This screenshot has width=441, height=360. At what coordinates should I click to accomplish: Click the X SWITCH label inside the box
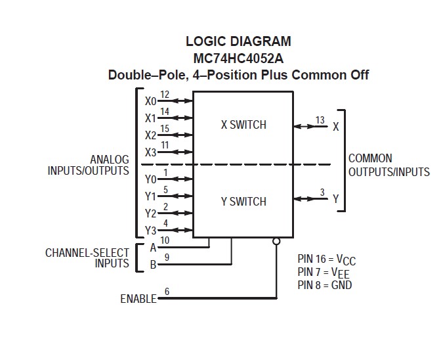click(243, 125)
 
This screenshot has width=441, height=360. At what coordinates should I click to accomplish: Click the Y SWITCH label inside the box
click(243, 202)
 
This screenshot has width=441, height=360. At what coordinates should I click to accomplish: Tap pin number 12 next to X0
click(165, 95)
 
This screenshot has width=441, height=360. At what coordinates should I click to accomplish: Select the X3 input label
click(151, 152)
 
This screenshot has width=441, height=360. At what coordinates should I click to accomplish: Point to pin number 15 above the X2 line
click(165, 128)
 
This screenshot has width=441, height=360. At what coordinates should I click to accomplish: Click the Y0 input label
click(151, 179)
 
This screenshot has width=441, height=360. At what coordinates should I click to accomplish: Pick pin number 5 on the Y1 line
click(165, 190)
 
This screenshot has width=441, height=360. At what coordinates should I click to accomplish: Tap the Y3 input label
click(151, 231)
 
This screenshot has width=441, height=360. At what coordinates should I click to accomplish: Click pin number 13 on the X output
click(320, 120)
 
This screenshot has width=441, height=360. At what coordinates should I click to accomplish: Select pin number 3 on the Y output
click(322, 192)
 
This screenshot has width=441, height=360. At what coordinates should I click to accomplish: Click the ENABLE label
click(138, 299)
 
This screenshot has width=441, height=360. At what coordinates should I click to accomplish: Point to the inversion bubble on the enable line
click(276, 240)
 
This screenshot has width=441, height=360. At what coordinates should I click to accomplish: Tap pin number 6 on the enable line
click(167, 291)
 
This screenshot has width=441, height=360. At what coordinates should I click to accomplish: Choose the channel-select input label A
click(153, 248)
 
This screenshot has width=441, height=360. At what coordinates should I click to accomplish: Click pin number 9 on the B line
click(167, 258)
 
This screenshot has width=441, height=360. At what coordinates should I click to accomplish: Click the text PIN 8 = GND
click(324, 286)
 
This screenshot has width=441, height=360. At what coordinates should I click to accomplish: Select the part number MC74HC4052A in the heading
click(238, 58)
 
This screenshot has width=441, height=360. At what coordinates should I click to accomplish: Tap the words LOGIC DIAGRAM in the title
click(238, 41)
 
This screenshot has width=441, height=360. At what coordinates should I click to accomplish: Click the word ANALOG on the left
click(110, 159)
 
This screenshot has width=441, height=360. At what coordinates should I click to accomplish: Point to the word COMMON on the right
click(370, 158)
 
